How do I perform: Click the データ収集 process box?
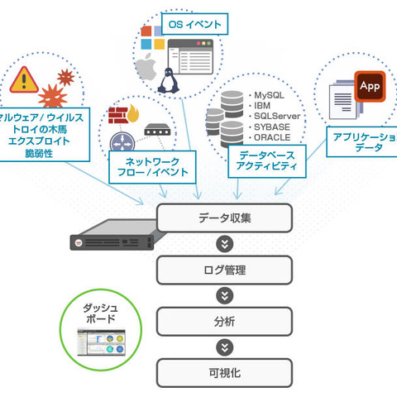225,219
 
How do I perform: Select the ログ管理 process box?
225,270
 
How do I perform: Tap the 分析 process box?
225,321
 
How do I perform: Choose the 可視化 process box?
225,372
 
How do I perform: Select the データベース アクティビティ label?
267,160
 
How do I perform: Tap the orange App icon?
369,86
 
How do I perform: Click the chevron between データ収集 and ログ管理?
224,245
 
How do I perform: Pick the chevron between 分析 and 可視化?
224,347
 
